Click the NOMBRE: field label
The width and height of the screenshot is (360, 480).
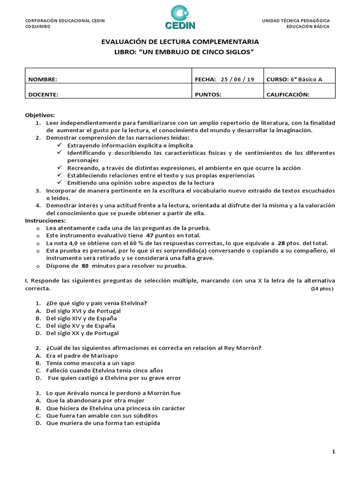click(x=43, y=80)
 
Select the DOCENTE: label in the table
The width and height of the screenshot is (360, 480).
click(x=43, y=94)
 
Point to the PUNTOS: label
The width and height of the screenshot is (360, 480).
click(x=208, y=94)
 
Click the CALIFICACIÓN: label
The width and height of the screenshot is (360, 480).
click(x=288, y=94)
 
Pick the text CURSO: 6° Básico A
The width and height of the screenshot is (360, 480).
click(x=294, y=80)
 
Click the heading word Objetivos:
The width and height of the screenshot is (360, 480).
click(x=40, y=115)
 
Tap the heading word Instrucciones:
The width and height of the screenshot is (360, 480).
click(x=45, y=221)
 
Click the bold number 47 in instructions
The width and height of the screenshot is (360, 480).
click(x=150, y=235)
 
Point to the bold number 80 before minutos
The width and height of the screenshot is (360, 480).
click(x=85, y=266)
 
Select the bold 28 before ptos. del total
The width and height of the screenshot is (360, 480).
click(x=281, y=243)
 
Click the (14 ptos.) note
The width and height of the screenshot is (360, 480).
click(x=322, y=289)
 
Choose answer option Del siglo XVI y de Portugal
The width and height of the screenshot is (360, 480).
click(x=83, y=311)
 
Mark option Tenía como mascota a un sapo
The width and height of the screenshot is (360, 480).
click(x=90, y=363)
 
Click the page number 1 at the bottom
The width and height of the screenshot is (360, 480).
click(x=333, y=452)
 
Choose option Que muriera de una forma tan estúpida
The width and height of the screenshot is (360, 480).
click(x=103, y=423)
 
